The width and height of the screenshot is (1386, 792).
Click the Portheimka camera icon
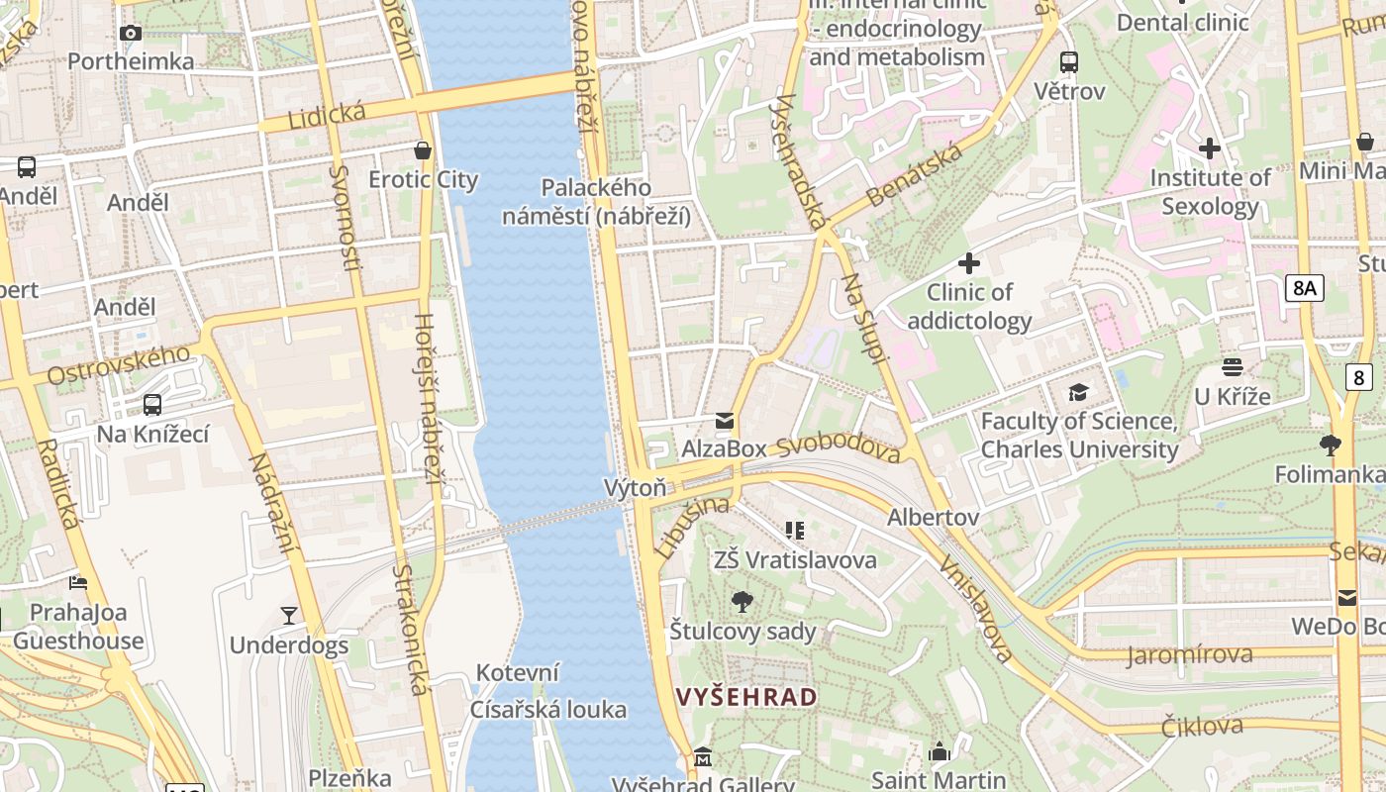pos(130,33)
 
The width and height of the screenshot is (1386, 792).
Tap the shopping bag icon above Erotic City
pos(423,150)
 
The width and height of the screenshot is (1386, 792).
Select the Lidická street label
pos(327,115)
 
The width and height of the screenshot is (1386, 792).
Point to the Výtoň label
pos(636,487)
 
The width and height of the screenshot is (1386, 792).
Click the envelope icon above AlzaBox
pos(725,421)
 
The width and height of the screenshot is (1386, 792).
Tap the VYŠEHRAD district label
pos(746,697)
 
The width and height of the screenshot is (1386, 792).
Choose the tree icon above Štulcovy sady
pos(742,601)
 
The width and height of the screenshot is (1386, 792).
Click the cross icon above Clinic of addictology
pos(969,263)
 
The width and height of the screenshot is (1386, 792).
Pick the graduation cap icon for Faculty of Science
pos(1078,393)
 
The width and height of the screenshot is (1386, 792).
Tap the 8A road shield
pos(1305,288)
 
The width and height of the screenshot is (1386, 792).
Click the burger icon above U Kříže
pos(1232,367)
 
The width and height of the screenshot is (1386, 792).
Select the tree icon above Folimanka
pos(1331,445)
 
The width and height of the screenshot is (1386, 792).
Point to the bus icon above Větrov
pos(1069,62)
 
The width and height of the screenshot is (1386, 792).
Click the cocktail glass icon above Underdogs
pos(288,616)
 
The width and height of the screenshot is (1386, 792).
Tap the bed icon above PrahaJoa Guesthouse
pos(78,582)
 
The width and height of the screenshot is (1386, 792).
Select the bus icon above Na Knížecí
pos(152,404)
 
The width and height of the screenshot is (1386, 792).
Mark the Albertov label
pos(933,517)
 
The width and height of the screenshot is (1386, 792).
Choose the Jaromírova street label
pos(1189,654)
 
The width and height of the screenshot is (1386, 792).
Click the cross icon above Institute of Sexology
pos(1209,148)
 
